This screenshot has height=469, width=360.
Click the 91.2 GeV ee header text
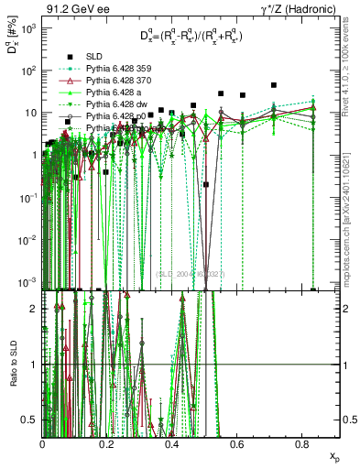coord(75,8)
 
